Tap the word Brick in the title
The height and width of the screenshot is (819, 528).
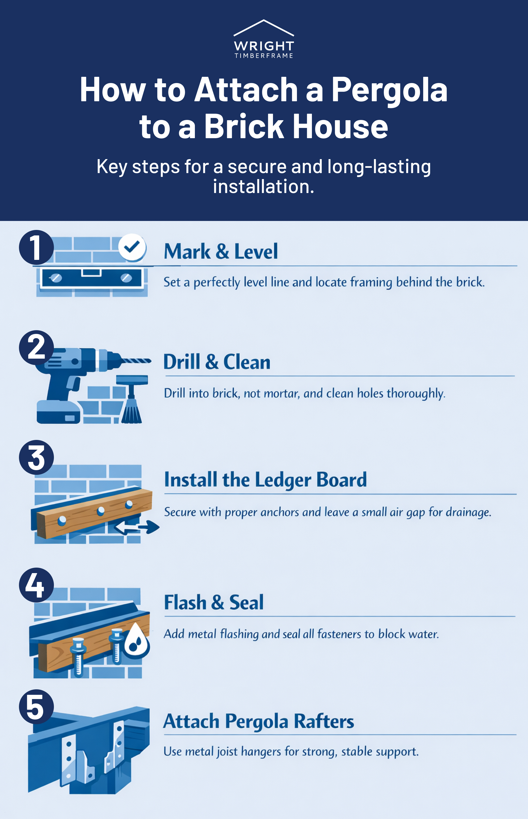coord(244,127)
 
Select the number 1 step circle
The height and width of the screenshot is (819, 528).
coord(36,247)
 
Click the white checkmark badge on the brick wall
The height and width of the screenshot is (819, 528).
coord(132,247)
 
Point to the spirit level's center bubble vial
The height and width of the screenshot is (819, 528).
coord(91,273)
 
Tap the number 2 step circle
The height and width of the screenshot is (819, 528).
coord(36,347)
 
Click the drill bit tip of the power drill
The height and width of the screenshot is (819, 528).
coord(146,361)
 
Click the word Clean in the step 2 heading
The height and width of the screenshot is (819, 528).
coord(247,362)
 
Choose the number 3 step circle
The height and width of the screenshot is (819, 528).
coord(36,457)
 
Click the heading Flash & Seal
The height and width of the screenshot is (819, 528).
coord(214,603)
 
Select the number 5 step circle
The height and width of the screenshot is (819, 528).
coord(36,707)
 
